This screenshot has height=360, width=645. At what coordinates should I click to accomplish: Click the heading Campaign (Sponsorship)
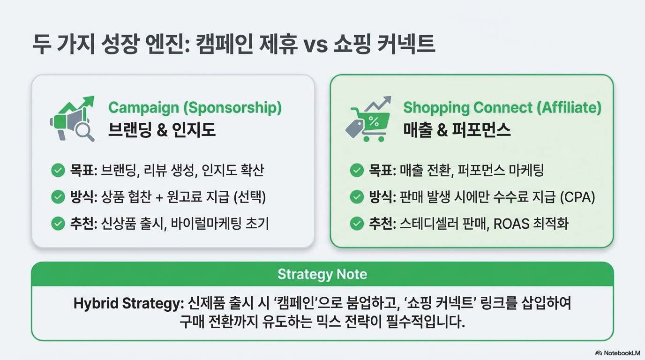point(195,108)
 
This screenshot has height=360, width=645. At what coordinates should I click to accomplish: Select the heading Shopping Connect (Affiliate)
point(502,108)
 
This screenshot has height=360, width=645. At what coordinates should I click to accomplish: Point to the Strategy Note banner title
point(322,274)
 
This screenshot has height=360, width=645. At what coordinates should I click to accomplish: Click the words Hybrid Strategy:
point(129,304)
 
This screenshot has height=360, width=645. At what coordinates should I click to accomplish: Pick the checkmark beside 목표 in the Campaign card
point(58,170)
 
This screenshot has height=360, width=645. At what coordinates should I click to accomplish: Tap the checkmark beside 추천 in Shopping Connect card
point(357,224)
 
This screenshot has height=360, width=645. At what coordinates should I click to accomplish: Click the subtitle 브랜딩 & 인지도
point(162,129)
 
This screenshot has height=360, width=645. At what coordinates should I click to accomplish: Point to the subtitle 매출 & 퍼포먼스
point(457,129)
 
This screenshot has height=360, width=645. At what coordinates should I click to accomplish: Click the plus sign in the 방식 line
point(159,197)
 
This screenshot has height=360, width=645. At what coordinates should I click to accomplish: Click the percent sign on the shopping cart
point(374,121)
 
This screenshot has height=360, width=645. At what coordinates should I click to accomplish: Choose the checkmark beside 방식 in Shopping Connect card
point(357,197)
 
